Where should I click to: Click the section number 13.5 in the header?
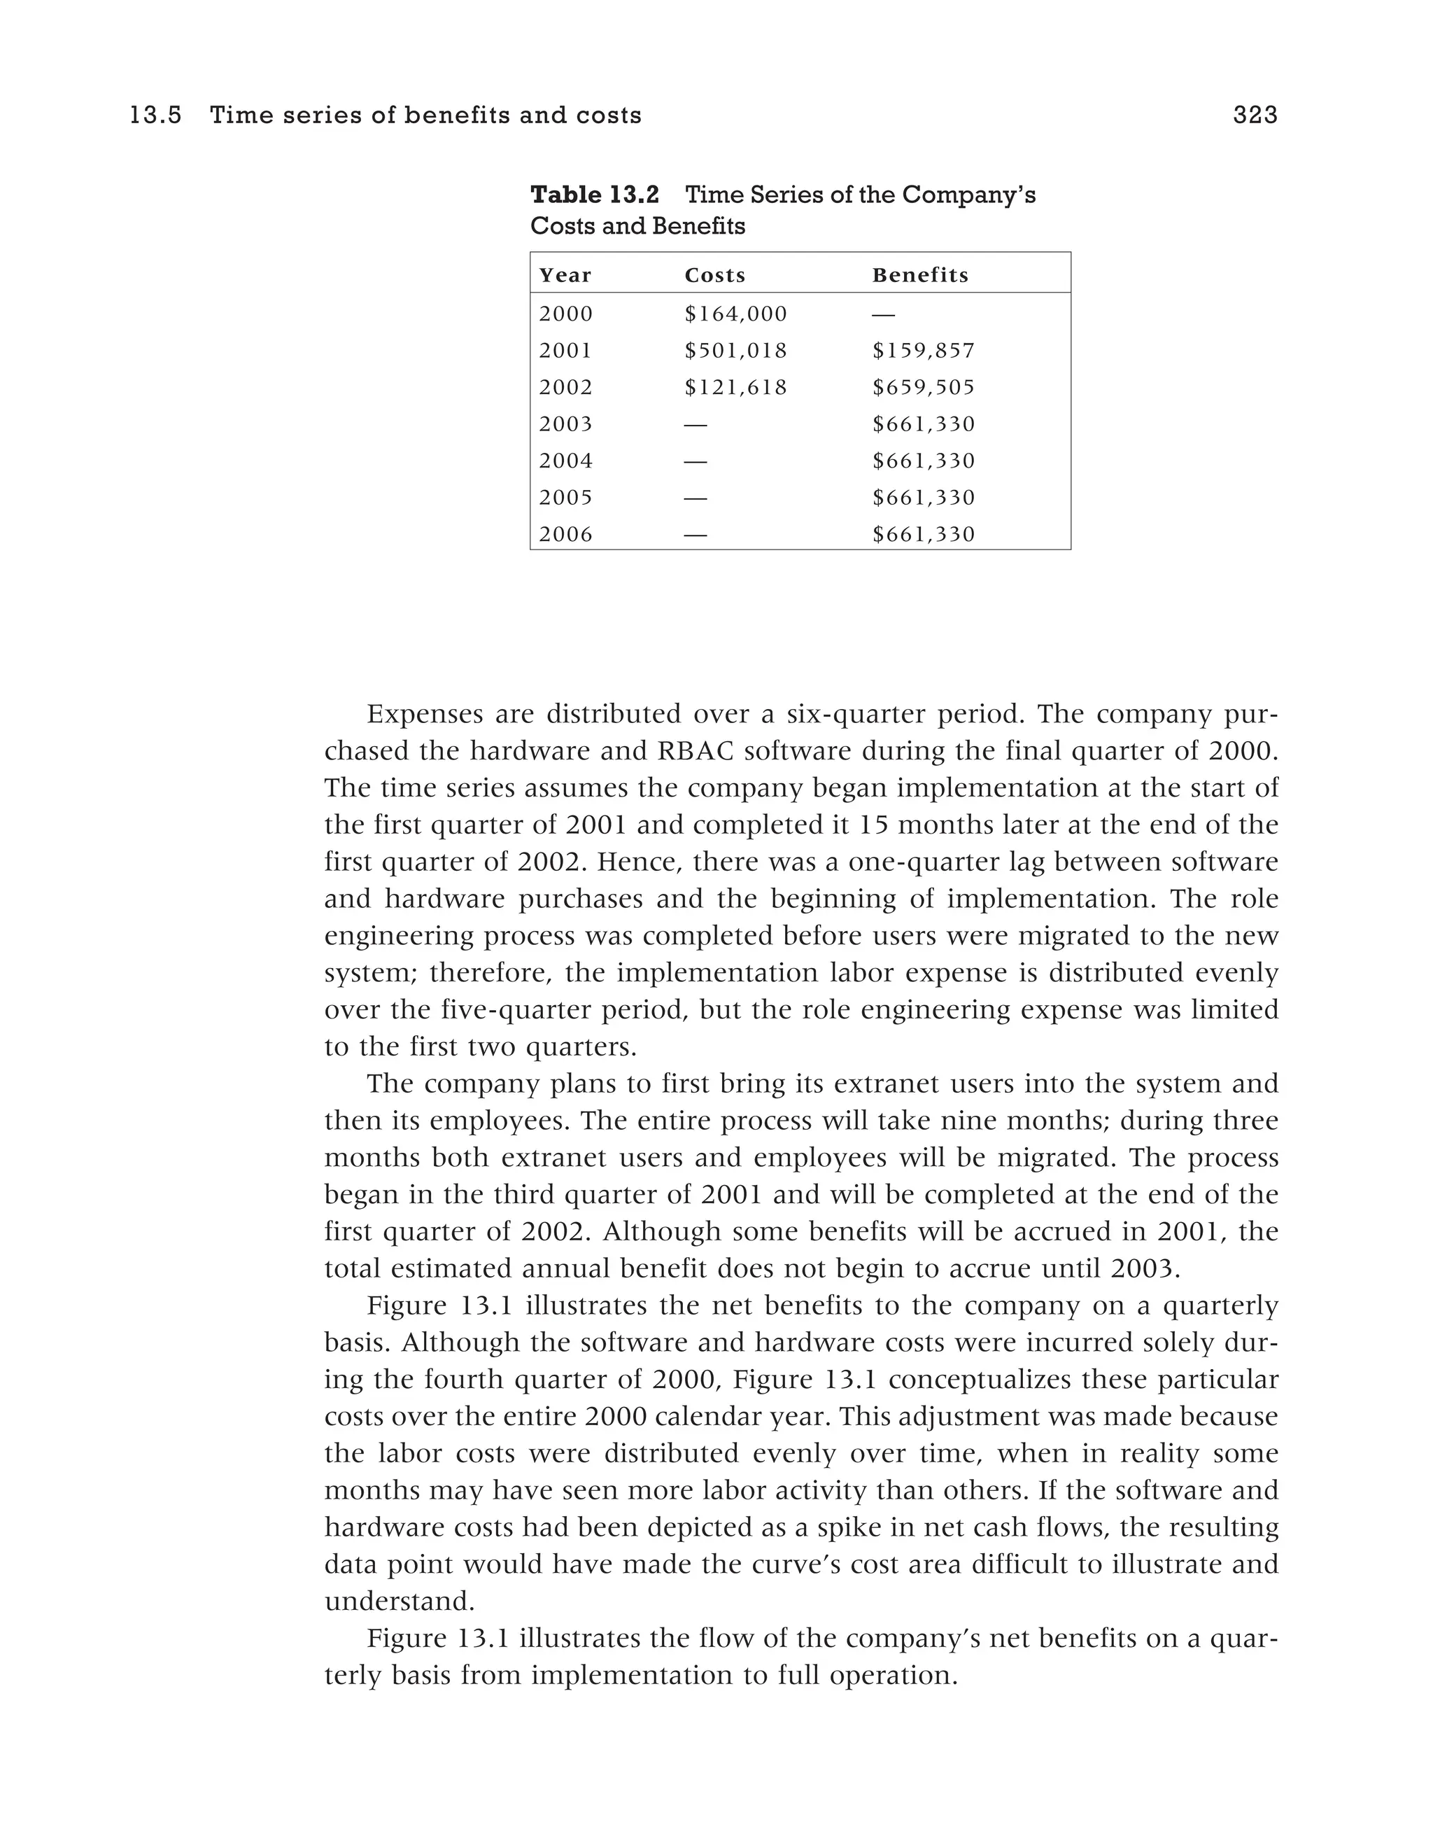155,115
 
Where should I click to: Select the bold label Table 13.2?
594,195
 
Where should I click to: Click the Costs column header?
714,275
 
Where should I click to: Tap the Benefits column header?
919,275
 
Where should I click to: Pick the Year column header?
565,275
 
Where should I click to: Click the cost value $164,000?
735,314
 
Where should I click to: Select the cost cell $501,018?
735,350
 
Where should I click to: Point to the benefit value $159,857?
923,350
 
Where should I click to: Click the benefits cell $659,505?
923,387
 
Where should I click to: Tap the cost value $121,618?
735,387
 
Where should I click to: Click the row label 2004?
565,461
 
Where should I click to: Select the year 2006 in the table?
565,534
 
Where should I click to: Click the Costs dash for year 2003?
695,424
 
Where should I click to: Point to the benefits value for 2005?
923,498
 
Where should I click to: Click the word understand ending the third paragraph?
398,1602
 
